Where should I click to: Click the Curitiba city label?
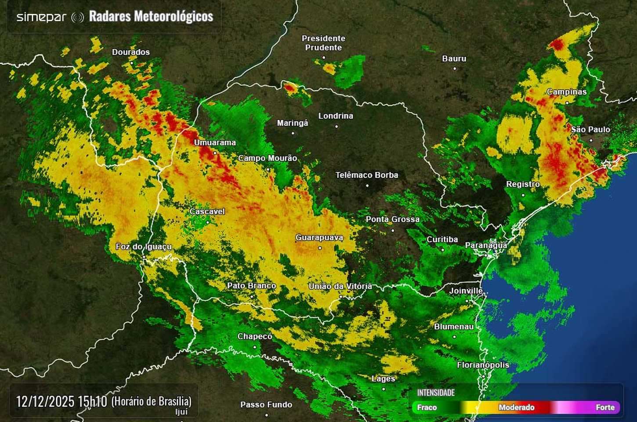click(442, 240)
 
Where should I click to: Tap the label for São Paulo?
click(590, 130)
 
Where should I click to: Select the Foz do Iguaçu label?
click(144, 247)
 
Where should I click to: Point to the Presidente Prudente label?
click(323, 43)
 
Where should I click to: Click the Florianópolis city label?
click(483, 365)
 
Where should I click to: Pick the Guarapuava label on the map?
click(319, 238)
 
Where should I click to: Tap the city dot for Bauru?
click(455, 69)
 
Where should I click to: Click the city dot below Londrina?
click(337, 127)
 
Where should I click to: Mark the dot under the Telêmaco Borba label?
click(368, 185)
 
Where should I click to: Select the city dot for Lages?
click(384, 389)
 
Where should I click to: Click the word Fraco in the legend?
click(427, 407)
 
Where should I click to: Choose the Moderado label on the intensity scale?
click(516, 407)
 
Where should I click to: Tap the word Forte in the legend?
click(605, 407)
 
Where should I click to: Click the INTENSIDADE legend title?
click(436, 393)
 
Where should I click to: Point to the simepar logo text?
click(41, 17)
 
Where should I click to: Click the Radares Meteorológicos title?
click(151, 17)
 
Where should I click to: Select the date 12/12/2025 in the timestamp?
click(45, 401)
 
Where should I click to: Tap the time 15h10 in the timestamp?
click(92, 401)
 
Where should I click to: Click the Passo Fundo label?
click(266, 405)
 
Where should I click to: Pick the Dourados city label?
click(131, 52)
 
